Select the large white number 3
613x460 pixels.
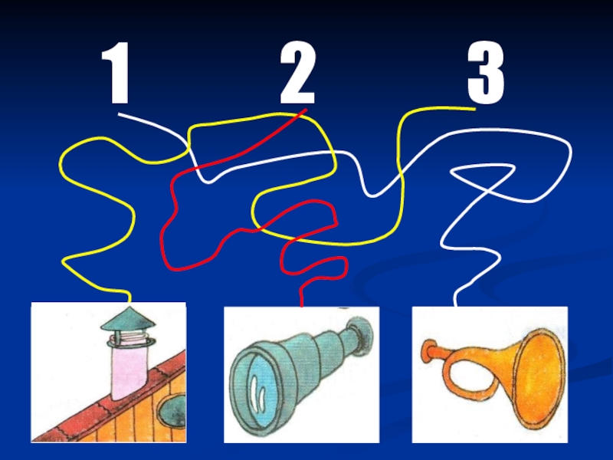click(x=486, y=73)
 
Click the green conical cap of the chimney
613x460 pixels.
click(x=128, y=319)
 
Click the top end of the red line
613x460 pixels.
click(x=306, y=110)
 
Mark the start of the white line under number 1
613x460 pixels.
click(x=120, y=114)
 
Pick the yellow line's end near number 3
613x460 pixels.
click(x=474, y=110)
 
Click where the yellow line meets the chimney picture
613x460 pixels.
click(x=129, y=301)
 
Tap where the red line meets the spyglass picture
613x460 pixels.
click(x=301, y=306)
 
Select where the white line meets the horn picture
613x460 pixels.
click(x=455, y=305)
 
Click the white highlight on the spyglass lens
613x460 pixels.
click(x=257, y=393)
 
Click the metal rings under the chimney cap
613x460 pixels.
click(x=129, y=340)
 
